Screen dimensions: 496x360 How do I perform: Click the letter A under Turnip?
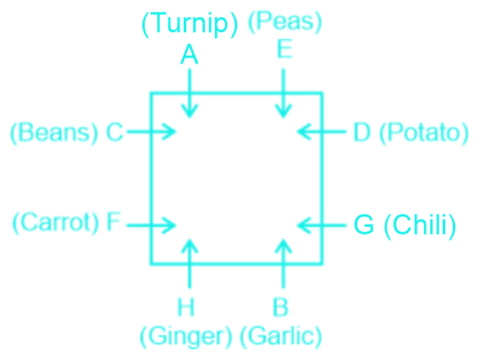189,54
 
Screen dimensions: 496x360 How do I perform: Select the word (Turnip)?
190,24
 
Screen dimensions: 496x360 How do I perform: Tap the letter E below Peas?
284,49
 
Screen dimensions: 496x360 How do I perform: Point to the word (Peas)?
284,22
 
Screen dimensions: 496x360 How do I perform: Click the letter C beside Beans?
114,132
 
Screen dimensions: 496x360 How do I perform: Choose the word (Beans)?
54,133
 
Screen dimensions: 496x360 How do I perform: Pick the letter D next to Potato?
361,132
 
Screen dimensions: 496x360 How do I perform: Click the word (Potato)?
424,133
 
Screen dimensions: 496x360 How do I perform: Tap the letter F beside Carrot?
113,221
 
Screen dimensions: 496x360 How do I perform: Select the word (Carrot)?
56,223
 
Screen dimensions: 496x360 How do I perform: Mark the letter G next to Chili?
364,224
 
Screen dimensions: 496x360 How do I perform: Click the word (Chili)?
420,226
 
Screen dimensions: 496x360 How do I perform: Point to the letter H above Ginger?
185,307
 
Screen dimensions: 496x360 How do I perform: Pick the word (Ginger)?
186,337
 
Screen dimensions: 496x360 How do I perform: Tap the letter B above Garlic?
280,307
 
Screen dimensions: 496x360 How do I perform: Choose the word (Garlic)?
281,336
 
